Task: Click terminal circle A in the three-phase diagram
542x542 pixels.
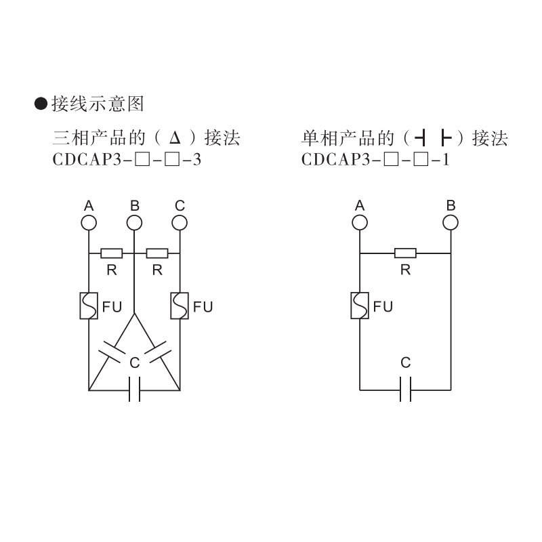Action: (89, 222)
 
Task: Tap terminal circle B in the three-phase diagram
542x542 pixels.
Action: (135, 222)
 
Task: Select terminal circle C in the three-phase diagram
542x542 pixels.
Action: (180, 222)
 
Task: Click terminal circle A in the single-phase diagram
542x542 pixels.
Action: (360, 222)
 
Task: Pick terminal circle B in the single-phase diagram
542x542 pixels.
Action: (451, 222)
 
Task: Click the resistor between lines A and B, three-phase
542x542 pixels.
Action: (112, 253)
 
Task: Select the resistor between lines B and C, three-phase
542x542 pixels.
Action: (157, 253)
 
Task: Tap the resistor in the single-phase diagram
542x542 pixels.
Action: (405, 253)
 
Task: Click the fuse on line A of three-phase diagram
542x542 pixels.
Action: (89, 306)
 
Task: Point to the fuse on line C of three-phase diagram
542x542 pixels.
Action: (180, 306)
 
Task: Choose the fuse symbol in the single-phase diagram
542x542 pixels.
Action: (360, 306)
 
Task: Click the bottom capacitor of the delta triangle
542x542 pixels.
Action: (134, 390)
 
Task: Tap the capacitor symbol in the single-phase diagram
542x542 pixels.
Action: (405, 390)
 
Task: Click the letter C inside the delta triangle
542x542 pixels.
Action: (134, 363)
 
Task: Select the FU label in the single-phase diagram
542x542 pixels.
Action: (383, 307)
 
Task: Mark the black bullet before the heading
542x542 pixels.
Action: (41, 104)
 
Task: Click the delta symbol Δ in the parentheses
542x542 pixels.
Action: (175, 140)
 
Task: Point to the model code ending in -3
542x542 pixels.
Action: (127, 161)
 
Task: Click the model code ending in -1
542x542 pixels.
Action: (375, 161)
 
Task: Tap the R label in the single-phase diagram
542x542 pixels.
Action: (405, 270)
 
